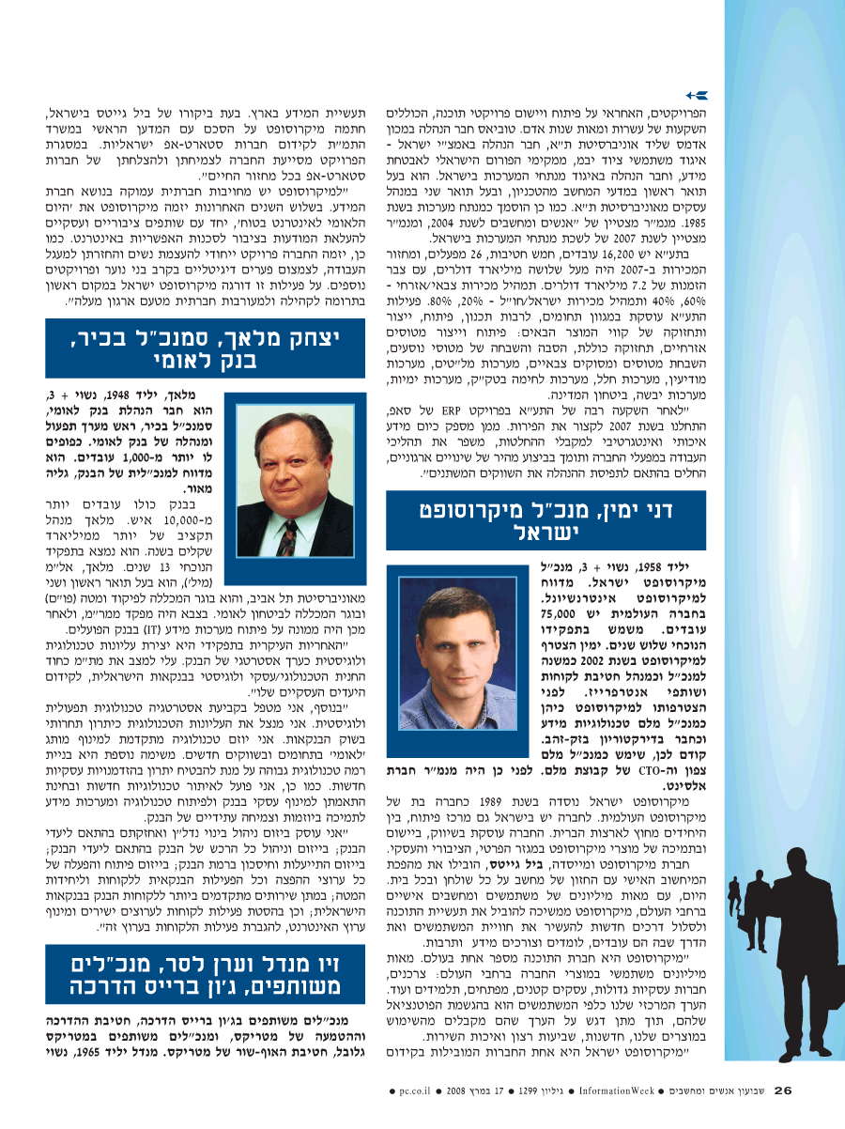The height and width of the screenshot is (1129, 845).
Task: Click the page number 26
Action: [x=785, y=1090]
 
